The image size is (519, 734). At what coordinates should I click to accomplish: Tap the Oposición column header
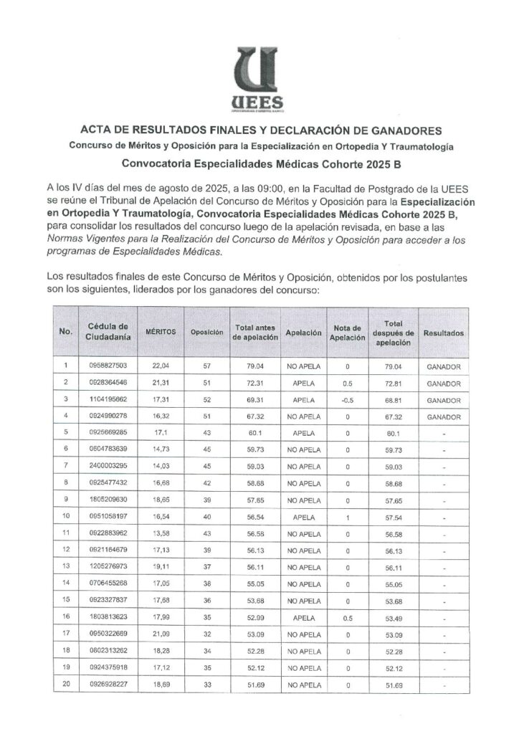[207, 333]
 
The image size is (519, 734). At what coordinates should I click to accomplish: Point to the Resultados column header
[443, 333]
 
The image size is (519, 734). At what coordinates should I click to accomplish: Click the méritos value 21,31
[161, 383]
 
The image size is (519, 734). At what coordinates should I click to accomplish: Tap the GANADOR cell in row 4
[443, 416]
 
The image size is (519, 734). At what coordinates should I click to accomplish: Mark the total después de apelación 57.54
[393, 515]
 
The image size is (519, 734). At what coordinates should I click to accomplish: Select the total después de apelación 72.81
[393, 383]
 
